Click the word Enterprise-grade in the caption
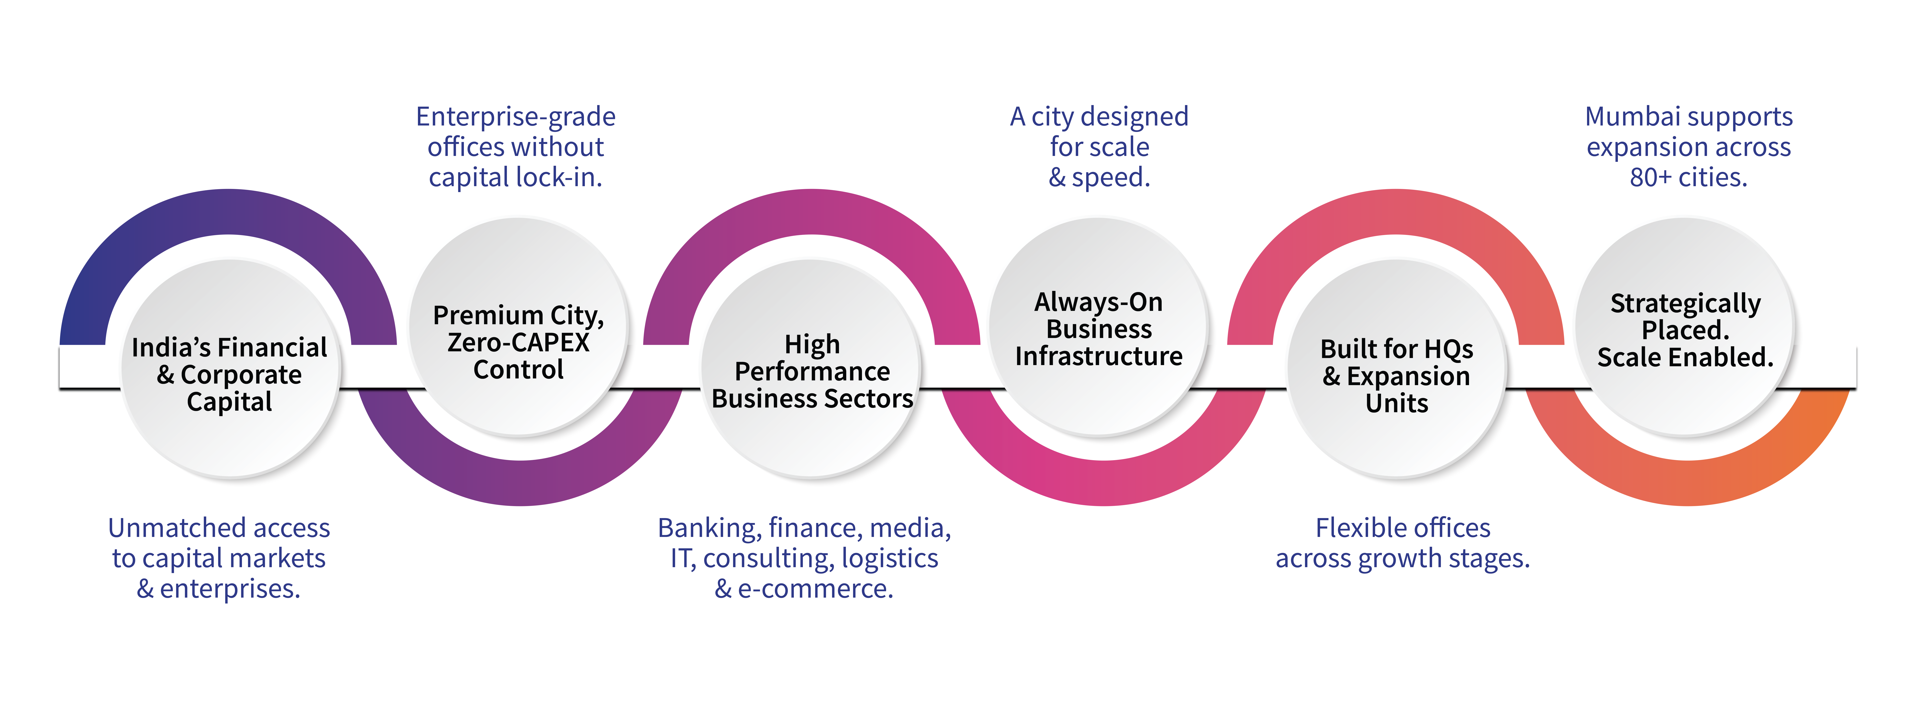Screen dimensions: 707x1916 516,117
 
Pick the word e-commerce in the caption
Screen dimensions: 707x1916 815,589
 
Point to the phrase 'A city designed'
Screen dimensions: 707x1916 1099,117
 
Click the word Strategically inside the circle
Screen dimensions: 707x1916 1685,303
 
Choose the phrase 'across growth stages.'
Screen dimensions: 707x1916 1403,558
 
